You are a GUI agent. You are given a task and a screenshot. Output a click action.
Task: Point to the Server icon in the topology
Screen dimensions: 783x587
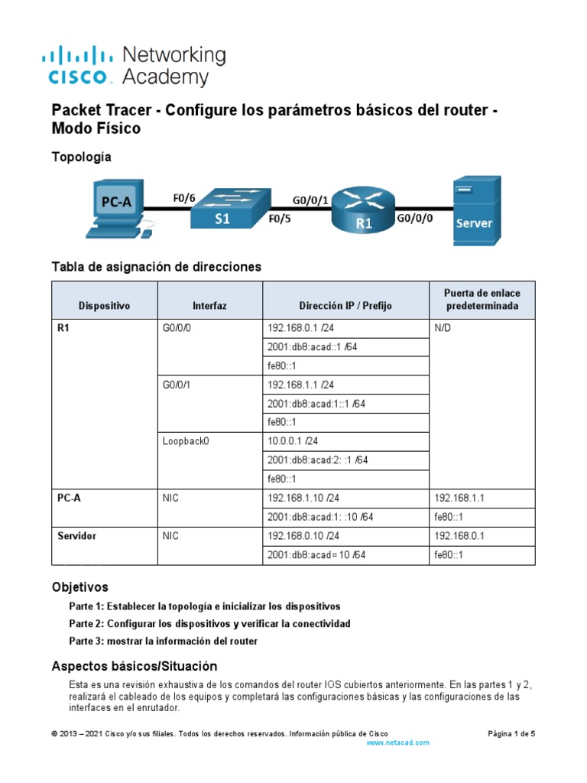[475, 210]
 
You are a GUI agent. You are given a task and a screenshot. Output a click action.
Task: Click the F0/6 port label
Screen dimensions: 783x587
[184, 198]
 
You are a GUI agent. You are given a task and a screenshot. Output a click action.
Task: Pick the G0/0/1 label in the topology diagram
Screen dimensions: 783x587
[310, 200]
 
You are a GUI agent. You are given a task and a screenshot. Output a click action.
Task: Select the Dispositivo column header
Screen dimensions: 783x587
[104, 305]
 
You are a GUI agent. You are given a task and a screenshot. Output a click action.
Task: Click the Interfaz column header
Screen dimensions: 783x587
[209, 305]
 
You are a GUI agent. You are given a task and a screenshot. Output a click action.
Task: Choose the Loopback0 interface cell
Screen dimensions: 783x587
[185, 441]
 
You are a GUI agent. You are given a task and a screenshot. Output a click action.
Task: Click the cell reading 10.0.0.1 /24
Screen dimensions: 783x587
[294, 441]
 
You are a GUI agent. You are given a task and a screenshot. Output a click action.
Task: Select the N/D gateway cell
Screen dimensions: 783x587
[443, 328]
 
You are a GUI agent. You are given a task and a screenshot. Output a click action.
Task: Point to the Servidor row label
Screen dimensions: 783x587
[77, 536]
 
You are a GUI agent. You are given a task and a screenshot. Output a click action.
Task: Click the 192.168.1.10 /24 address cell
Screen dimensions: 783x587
[303, 498]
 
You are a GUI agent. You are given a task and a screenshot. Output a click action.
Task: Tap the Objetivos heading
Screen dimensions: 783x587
[79, 587]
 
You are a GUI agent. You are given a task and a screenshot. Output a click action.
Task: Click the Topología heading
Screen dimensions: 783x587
[81, 157]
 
